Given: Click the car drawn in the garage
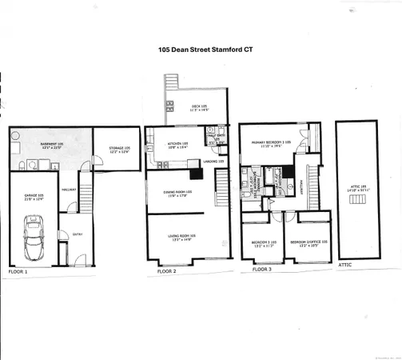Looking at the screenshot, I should [34, 237].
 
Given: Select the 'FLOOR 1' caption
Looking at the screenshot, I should [17, 273].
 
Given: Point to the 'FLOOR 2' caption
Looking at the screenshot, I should [157, 272].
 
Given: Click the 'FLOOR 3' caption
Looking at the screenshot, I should [263, 270].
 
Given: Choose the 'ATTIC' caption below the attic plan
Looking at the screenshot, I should [344, 263].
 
